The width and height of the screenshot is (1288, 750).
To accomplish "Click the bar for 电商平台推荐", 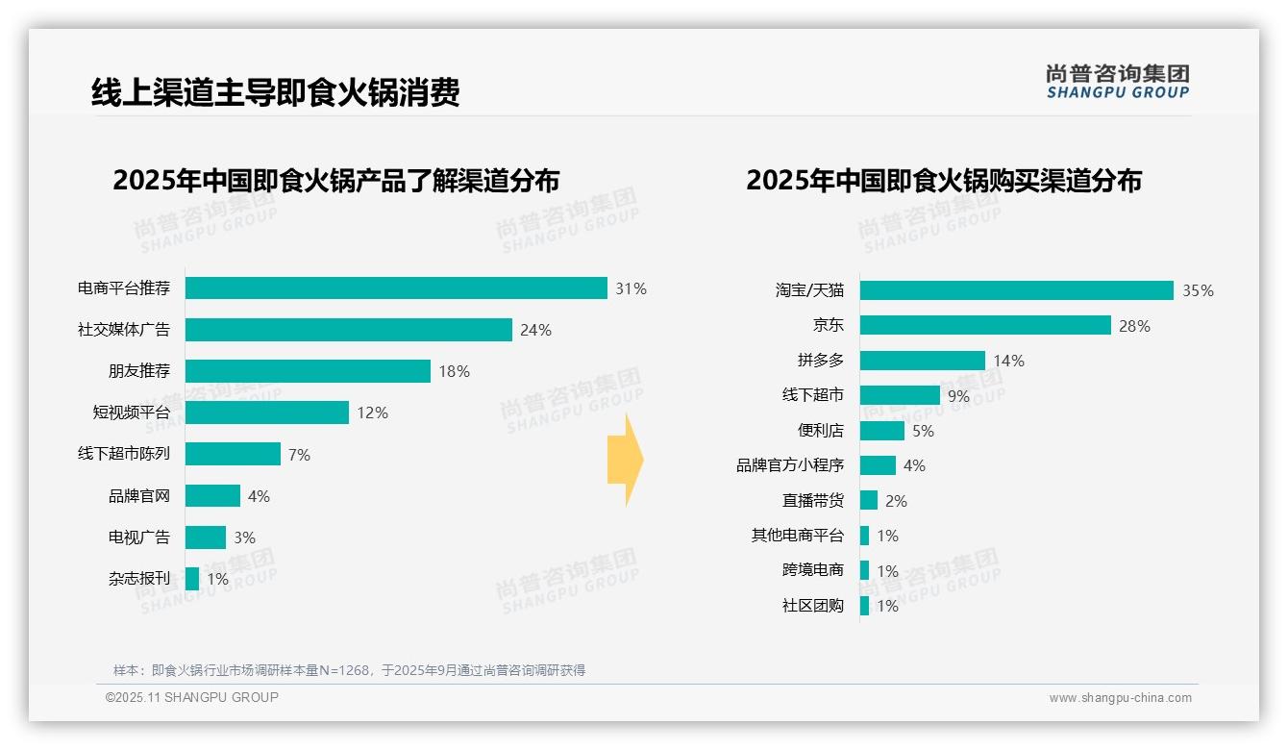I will tap(396, 288).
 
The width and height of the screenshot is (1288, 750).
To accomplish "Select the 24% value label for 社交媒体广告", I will tap(535, 331).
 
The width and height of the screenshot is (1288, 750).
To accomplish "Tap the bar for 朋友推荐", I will tap(308, 371).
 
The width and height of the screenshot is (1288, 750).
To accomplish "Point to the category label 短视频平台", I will tap(131, 412).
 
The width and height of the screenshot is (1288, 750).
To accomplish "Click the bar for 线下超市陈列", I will tap(233, 454).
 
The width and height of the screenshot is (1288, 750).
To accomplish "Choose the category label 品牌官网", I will tap(138, 496).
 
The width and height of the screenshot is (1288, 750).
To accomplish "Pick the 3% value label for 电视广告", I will tap(244, 537).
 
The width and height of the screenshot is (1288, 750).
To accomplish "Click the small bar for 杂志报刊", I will tap(192, 579).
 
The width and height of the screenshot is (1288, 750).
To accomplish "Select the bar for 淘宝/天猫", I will tap(1016, 290).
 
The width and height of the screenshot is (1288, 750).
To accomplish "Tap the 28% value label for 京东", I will tap(1134, 326).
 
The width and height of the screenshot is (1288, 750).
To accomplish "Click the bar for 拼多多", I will tap(922, 361).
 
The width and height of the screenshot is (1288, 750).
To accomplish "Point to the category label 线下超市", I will tap(812, 395).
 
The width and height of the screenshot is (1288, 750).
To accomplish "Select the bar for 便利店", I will tap(881, 431).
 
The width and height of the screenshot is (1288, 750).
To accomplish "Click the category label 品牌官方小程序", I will tap(789, 465).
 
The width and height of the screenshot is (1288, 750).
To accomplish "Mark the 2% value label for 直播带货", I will tap(896, 501).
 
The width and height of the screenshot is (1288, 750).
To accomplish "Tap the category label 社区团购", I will tap(812, 606).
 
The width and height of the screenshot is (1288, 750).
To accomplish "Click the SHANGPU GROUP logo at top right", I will tap(1117, 82).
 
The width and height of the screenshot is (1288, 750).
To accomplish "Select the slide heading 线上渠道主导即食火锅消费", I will tap(275, 92).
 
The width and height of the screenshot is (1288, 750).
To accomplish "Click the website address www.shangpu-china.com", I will tap(1120, 698).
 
